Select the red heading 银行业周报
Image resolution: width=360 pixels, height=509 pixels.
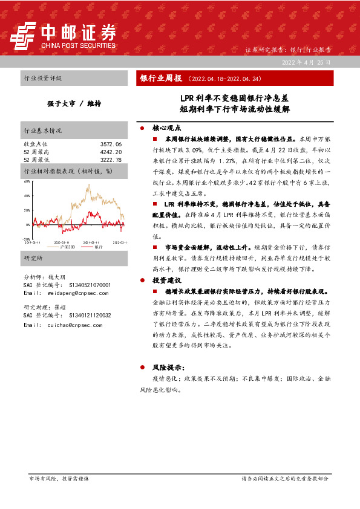click(161, 79)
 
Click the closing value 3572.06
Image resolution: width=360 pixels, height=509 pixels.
click(111, 144)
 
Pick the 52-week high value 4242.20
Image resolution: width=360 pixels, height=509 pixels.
click(111, 152)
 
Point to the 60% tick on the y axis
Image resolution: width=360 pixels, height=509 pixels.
click(26, 181)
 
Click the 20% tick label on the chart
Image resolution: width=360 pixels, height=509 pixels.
click(26, 210)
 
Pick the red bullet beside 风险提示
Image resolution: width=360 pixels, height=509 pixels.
click(142, 368)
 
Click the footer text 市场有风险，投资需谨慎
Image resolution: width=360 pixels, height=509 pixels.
click(59, 478)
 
